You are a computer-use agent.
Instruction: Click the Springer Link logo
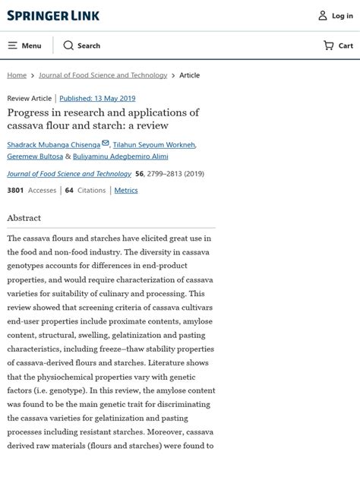53,15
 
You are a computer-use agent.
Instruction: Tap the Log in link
335,15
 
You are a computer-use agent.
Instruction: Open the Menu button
24,46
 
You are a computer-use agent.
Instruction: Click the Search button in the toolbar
81,46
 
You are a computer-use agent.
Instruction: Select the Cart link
338,46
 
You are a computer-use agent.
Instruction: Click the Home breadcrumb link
17,75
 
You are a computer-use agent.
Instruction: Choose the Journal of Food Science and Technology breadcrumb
103,75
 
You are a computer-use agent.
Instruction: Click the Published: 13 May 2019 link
97,98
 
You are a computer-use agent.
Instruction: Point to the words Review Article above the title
30,98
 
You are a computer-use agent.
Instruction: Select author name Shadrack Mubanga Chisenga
53,144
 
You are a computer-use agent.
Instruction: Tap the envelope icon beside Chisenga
106,143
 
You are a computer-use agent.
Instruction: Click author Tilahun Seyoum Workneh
153,144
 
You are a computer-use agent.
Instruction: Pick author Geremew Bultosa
34,156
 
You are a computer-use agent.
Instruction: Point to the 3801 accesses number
15,190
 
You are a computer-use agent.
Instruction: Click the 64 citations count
69,190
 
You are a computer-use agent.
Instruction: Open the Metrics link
126,190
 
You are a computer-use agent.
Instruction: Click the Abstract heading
24,218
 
